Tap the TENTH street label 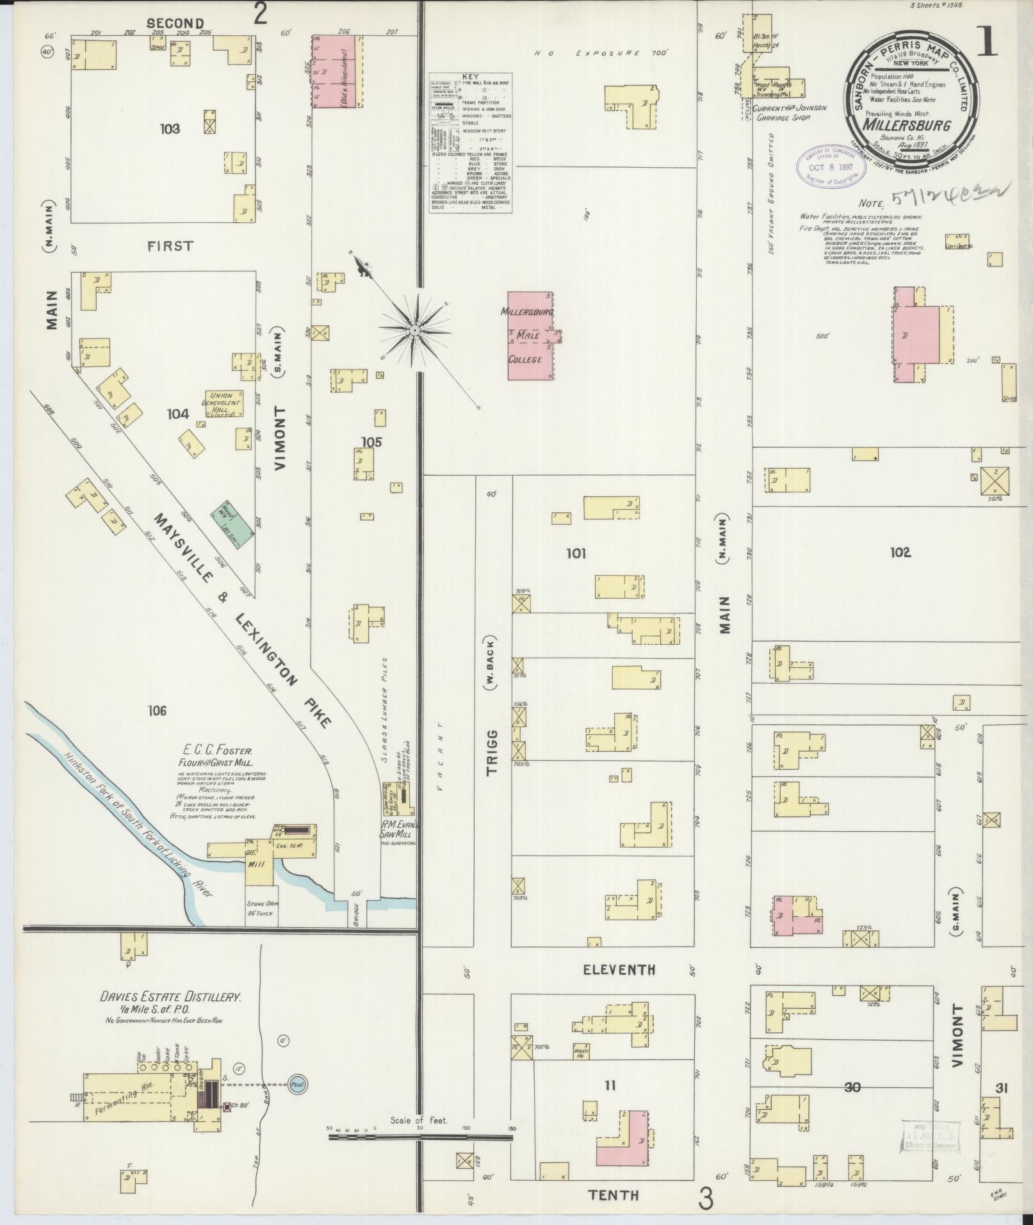coord(614,1194)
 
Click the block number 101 coord(576,553)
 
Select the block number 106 coord(157,710)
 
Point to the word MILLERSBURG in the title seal coord(906,126)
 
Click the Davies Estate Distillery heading coord(170,1015)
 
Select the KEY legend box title coord(470,76)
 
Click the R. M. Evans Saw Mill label coord(400,828)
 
